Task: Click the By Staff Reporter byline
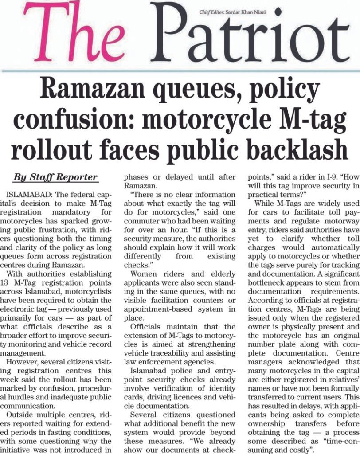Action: click(x=55, y=178)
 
